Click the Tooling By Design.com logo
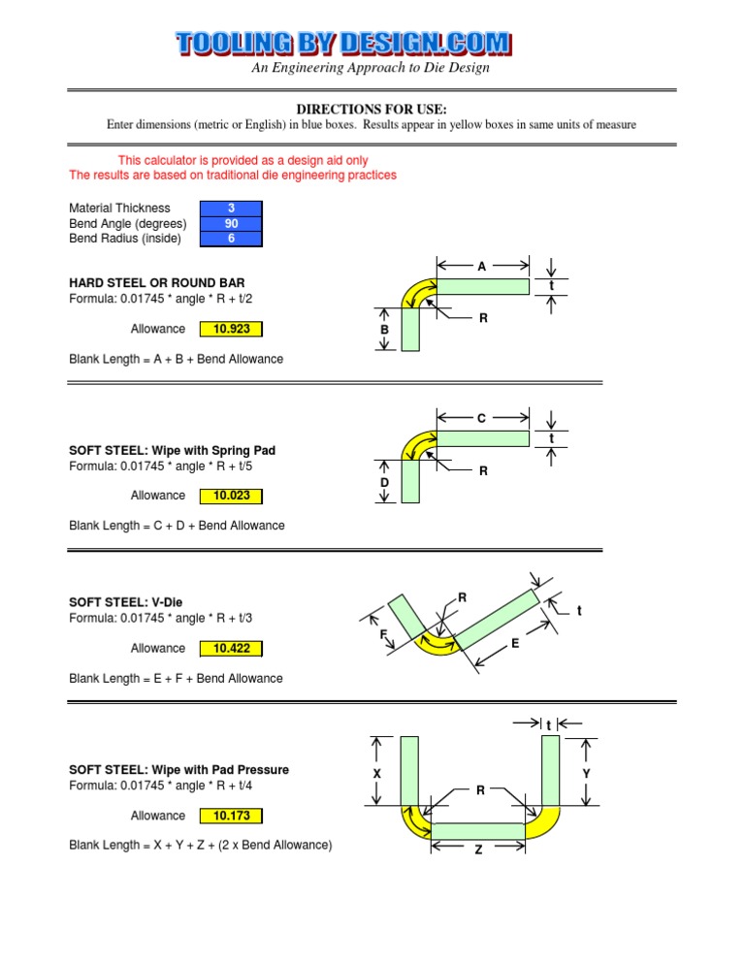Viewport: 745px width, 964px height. (x=344, y=43)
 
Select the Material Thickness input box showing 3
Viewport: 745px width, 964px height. (x=231, y=208)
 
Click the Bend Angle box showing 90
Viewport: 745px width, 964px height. (x=231, y=223)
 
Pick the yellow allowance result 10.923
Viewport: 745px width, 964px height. (x=231, y=329)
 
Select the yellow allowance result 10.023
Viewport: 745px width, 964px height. (x=231, y=496)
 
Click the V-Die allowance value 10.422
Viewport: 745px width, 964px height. (x=231, y=649)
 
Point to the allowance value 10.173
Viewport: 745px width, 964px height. (x=231, y=817)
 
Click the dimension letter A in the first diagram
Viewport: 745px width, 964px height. (x=482, y=266)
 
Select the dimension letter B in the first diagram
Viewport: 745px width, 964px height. (x=384, y=331)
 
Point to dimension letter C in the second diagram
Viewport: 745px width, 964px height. (x=482, y=419)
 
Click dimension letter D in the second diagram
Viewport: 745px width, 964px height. (x=384, y=483)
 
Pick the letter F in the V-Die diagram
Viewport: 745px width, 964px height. (x=384, y=635)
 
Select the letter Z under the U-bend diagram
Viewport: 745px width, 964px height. (x=478, y=851)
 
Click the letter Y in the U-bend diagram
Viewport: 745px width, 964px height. (x=587, y=774)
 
